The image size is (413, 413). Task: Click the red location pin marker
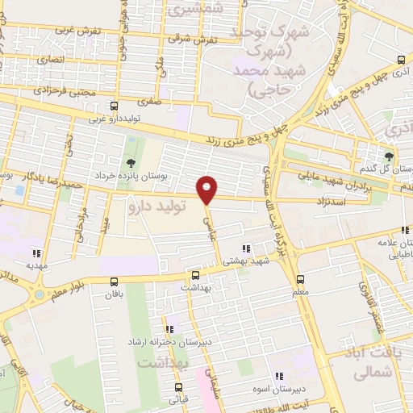pyautogui.click(x=208, y=189)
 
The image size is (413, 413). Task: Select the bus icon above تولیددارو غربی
pyautogui.click(x=113, y=106)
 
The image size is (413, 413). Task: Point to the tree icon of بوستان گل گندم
pyautogui.click(x=390, y=156)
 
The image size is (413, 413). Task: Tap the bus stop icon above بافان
pyautogui.click(x=113, y=282)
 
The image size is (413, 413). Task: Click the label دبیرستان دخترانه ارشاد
pyautogui.click(x=166, y=342)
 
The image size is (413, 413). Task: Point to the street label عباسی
pyautogui.click(x=213, y=215)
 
